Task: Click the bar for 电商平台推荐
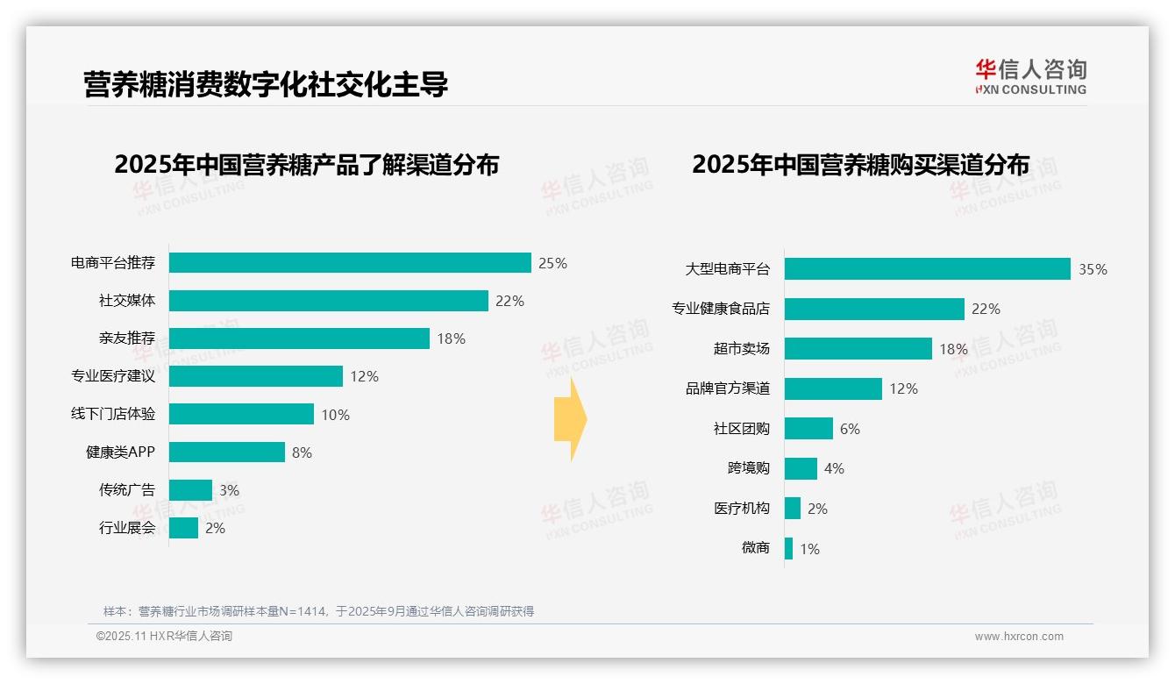tap(350, 263)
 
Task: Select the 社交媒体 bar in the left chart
tap(328, 301)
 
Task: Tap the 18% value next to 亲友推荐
tap(451, 338)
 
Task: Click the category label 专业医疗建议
tap(113, 376)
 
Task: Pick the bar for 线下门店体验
tap(241, 414)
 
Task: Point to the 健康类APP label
tap(120, 452)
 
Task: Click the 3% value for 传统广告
tap(229, 490)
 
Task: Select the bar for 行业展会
tap(183, 528)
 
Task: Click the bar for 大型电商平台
tap(927, 269)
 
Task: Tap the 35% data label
tap(1093, 269)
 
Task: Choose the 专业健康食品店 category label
tap(721, 309)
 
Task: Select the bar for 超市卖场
tap(858, 349)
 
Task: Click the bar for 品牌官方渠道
tap(833, 388)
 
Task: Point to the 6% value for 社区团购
tap(850, 429)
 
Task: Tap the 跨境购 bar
tap(801, 468)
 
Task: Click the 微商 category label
tap(755, 548)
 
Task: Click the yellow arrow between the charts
tap(570, 420)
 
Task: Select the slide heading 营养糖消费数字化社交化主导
tap(266, 84)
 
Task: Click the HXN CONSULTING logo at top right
tap(1030, 77)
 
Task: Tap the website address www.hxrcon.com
tap(1018, 637)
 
